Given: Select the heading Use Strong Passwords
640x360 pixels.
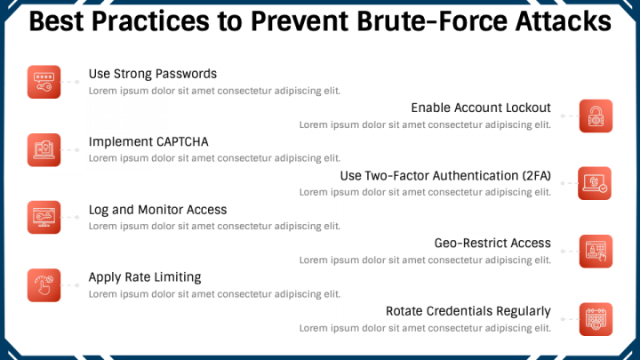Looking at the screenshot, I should pos(153,74).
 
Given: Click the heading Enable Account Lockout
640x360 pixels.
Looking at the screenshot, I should pos(481,108).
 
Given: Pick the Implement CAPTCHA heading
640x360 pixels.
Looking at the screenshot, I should pos(148,141).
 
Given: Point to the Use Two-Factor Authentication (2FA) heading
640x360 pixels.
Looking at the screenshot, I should pos(445,175).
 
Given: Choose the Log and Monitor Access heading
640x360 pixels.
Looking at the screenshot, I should pos(158,210).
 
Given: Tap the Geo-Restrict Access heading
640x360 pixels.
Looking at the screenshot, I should pos(492,243).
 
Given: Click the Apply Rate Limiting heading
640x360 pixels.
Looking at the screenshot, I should pos(145,277).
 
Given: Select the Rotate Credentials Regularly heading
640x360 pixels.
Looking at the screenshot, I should pos(468,311).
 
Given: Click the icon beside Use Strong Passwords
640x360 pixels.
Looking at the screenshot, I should pos(44,81).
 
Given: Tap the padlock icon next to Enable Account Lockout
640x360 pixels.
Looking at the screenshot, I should pos(596,116).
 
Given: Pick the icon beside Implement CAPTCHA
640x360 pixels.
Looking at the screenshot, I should pos(44,149).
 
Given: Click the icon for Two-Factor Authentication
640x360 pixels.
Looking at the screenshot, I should pos(596,183).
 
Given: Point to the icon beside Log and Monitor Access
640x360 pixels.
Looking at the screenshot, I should pos(44,217).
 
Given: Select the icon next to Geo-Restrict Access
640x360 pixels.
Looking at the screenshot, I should pos(596,251).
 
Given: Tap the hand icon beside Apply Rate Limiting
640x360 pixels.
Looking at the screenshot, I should pos(44,284).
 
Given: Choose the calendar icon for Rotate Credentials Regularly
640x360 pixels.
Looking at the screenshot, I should pos(596,319).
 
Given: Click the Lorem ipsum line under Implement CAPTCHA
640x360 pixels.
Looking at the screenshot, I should pos(214,158).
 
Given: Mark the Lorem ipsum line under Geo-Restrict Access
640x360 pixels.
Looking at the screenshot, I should pos(425,260).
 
